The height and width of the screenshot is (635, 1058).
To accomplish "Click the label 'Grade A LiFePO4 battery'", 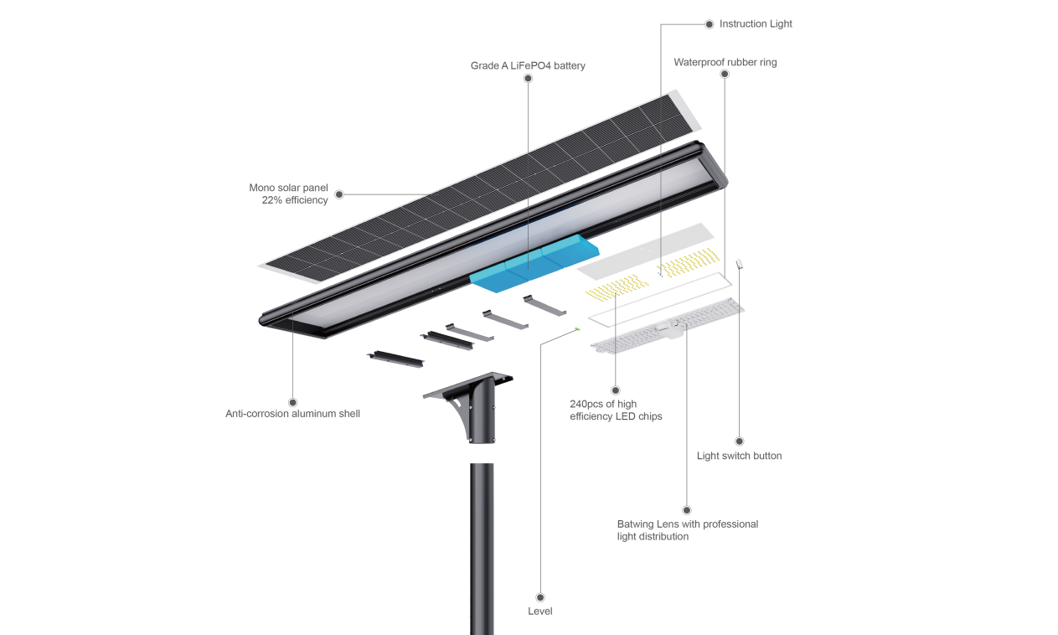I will (x=528, y=65).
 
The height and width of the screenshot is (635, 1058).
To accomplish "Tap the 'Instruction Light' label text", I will (x=756, y=23).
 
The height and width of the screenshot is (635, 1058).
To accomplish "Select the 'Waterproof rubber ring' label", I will (x=725, y=62).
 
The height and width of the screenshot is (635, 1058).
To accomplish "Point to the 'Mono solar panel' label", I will (x=289, y=194).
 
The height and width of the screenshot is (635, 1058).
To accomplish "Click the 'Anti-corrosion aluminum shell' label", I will (x=292, y=413).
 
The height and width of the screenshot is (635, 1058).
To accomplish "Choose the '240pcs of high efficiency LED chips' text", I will (x=616, y=410).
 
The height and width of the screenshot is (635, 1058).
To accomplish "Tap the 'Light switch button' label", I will (x=739, y=456).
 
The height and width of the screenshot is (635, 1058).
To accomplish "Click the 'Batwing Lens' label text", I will (x=687, y=529).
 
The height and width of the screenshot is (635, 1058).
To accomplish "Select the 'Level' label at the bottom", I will (x=540, y=611).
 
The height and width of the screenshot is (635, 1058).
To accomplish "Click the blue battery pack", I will (x=534, y=264).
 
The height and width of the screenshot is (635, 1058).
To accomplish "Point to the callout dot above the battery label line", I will (x=528, y=78).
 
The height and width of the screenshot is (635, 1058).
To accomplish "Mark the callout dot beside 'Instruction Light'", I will (x=710, y=23).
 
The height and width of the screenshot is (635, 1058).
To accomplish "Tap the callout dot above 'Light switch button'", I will (x=739, y=441).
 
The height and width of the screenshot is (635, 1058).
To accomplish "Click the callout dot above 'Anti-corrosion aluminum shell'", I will (x=292, y=402).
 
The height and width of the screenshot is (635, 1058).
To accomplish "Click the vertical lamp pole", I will (x=481, y=536).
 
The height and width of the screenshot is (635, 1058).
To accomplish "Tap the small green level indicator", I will (x=577, y=329).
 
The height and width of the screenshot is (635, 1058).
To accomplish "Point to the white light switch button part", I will (x=739, y=263).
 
